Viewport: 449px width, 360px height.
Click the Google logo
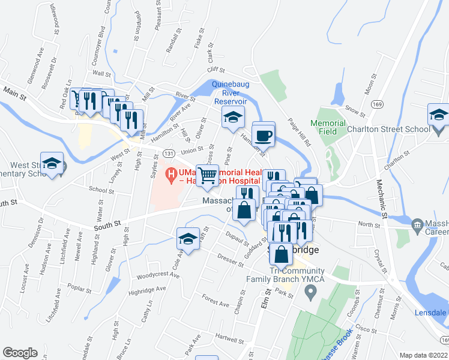click(x=20, y=353)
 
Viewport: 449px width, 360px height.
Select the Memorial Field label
click(x=328, y=127)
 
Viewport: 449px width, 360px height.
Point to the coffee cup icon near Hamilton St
click(x=263, y=135)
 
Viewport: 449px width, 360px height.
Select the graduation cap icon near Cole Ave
click(x=188, y=239)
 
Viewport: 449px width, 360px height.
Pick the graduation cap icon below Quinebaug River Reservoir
click(x=233, y=118)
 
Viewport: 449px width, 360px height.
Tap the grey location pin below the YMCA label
click(x=310, y=293)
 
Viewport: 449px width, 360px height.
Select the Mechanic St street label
click(x=382, y=197)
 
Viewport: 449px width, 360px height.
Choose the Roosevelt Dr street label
click(x=52, y=71)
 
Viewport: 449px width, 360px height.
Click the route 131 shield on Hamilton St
click(x=171, y=154)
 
